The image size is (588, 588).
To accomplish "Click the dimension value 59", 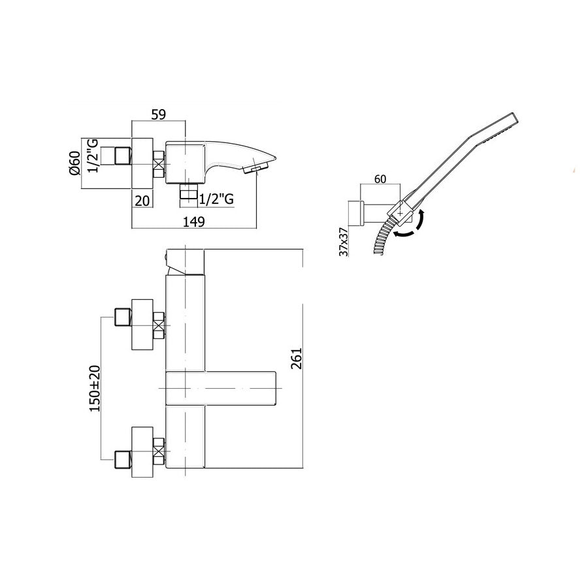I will pyautogui.click(x=158, y=114).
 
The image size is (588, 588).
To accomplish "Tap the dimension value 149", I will pyautogui.click(x=194, y=221).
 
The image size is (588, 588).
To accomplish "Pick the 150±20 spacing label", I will pyautogui.click(x=95, y=387).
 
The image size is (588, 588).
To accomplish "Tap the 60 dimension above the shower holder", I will pyautogui.click(x=380, y=179).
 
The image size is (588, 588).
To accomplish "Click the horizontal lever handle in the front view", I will pyautogui.click(x=222, y=388).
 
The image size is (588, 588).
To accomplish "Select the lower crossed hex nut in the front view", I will pyautogui.click(x=158, y=451).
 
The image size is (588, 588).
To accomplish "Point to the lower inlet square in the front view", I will pyautogui.click(x=122, y=459).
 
